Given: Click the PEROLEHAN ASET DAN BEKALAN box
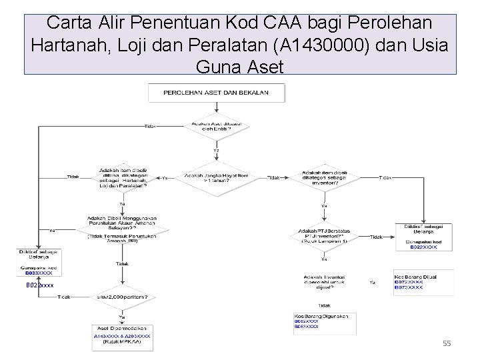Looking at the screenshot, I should tap(216, 93).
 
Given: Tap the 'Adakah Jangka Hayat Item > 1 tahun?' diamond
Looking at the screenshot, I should tap(216, 178).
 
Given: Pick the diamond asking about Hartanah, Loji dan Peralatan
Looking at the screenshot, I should tap(123, 177).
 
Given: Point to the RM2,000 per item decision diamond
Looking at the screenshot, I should tap(122, 297).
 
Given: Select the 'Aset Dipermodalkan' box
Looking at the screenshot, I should tap(122, 337).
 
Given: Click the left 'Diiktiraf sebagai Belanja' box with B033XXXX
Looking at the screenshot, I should tap(39, 263).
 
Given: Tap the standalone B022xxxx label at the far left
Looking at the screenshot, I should tap(39, 285).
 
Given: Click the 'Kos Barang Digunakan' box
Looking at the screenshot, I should tap(324, 321).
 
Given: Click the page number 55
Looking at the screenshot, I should tap(447, 343).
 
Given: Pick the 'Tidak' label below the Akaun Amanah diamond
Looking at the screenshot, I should tap(122, 264).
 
